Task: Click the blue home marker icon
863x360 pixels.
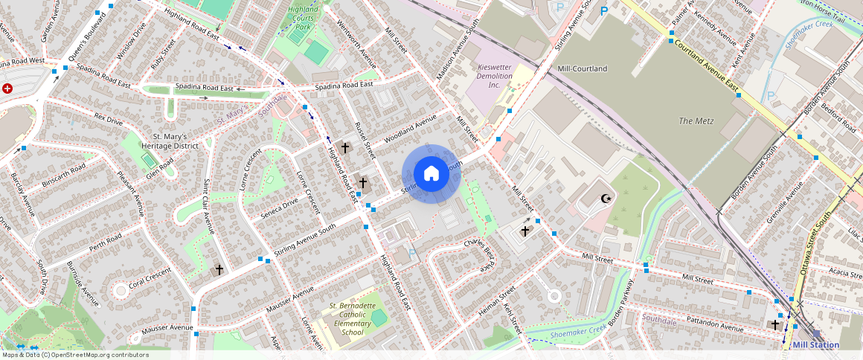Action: (x=431, y=174)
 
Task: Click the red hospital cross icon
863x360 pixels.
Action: (x=7, y=89)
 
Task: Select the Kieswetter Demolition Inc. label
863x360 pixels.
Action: (x=495, y=76)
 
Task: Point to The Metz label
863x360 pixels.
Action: (x=696, y=120)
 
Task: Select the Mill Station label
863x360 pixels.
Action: (x=815, y=345)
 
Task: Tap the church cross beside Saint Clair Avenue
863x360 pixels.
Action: (x=219, y=270)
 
